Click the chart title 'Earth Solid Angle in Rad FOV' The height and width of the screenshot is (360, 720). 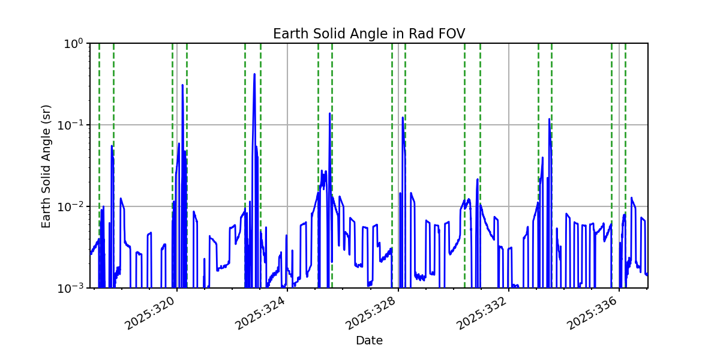point(368,34)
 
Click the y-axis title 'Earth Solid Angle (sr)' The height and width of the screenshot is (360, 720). point(46,166)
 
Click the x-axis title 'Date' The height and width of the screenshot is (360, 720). point(369,341)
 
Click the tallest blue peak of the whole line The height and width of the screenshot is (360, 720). point(254,74)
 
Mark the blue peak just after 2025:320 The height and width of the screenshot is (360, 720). point(182,85)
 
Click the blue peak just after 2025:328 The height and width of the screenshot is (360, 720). point(403,118)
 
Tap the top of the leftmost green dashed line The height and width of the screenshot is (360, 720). point(100,44)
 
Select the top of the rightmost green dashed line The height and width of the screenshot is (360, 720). point(625,44)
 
